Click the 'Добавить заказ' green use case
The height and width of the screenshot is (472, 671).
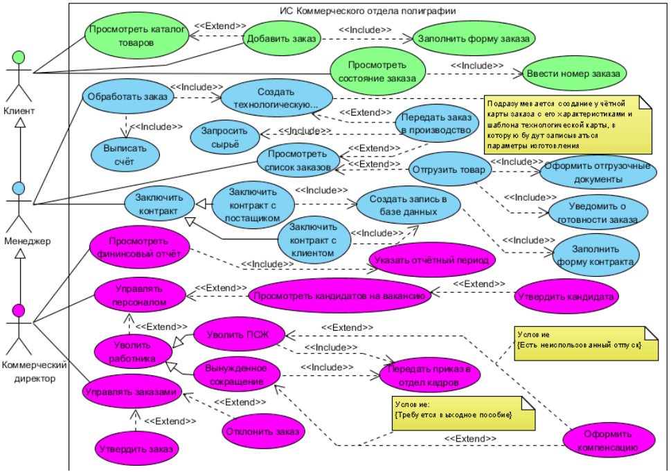tap(280, 39)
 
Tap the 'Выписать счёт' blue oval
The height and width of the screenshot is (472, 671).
tap(125, 156)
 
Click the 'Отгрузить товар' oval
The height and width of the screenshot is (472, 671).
tap(448, 170)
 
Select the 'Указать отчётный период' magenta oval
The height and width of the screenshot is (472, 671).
tap(432, 261)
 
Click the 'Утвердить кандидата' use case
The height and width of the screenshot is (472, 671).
tap(566, 296)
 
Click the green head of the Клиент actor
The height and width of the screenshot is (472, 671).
tap(19, 57)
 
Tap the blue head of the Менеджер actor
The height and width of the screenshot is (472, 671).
tap(19, 188)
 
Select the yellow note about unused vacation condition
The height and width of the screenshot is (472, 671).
tap(586, 343)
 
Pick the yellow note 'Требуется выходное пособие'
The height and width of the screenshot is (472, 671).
tap(463, 413)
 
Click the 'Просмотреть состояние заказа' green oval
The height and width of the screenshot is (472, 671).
tap(377, 71)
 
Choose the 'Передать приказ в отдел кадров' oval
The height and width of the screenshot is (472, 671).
tap(429, 374)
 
